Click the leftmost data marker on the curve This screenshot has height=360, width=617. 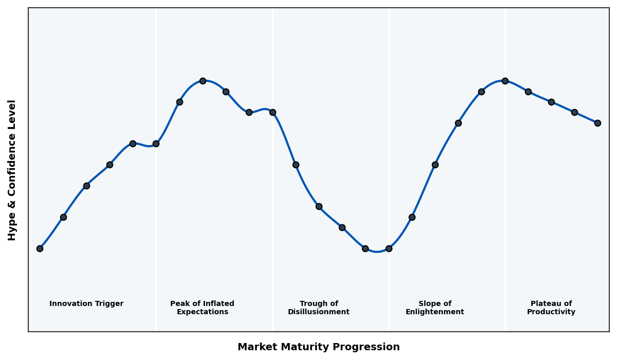click(x=40, y=248)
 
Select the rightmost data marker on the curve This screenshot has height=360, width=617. click(x=597, y=123)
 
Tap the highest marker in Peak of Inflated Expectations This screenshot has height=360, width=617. click(x=203, y=81)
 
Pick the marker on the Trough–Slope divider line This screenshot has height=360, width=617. click(x=389, y=248)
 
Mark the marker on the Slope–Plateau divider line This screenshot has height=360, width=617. click(x=505, y=81)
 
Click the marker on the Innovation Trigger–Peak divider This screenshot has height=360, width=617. click(x=156, y=143)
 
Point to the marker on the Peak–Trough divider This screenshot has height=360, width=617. click(x=273, y=112)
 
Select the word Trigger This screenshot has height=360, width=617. click(x=109, y=304)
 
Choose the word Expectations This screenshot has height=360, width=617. click(x=203, y=312)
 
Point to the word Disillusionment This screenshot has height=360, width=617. click(x=319, y=312)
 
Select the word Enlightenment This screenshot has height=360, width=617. click(x=435, y=312)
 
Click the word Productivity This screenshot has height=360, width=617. click(x=551, y=312)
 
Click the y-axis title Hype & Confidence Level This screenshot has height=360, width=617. click(x=12, y=170)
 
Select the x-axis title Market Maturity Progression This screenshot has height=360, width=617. click(x=319, y=347)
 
